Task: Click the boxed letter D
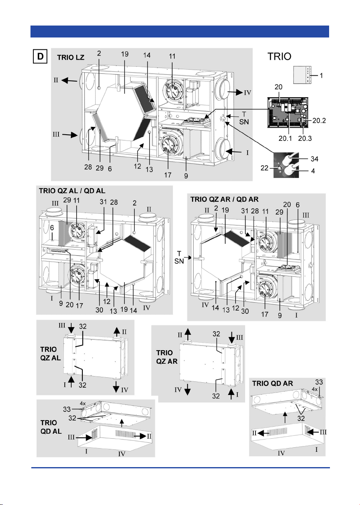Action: point(40,56)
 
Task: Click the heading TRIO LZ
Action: point(70,58)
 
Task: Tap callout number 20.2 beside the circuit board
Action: point(319,121)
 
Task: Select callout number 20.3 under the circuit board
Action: point(305,138)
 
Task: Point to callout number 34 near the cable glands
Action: point(314,159)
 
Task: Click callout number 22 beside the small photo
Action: point(264,168)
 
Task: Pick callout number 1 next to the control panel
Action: point(321,75)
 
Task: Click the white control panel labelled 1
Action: point(302,75)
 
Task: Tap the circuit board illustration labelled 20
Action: point(288,112)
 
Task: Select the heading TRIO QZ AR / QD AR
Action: point(224,199)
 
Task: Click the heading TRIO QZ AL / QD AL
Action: point(72,191)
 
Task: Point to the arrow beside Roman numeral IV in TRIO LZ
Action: point(235,92)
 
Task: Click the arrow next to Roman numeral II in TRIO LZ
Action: point(69,80)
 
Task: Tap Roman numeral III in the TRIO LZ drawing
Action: point(56,134)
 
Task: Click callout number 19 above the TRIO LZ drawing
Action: point(125,54)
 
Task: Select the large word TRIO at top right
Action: point(279,56)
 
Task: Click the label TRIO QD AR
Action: point(272,383)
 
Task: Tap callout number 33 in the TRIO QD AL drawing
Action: point(67,409)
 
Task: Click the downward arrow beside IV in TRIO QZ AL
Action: point(116,387)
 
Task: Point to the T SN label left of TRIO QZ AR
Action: point(179,257)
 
